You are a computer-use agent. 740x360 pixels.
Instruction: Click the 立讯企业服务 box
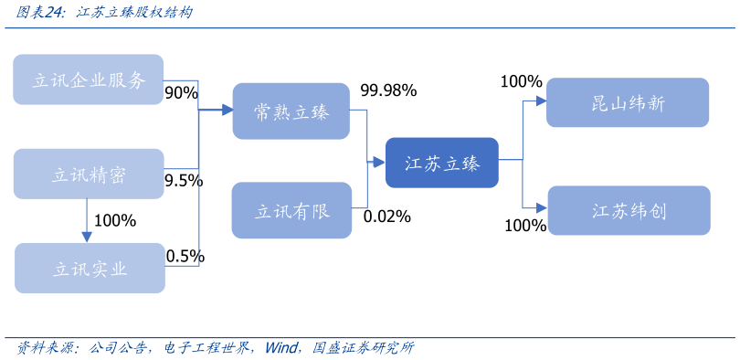pos(89,79)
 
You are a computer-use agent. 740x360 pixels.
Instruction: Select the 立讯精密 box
pos(89,175)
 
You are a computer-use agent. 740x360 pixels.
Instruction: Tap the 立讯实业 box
pos(89,269)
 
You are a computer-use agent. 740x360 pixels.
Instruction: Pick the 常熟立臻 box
pos(291,111)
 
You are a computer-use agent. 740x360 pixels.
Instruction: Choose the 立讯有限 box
pos(291,211)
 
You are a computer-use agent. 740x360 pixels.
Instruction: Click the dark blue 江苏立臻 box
pos(441,163)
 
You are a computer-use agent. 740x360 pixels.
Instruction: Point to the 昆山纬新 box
pos(628,102)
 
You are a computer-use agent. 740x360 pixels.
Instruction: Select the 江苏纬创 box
pos(628,211)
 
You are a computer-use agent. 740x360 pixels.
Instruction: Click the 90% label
pos(181,93)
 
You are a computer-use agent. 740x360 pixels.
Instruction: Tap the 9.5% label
pos(183,181)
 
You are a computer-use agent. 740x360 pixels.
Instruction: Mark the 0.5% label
pos(185,257)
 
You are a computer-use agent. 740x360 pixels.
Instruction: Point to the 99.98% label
pos(388,90)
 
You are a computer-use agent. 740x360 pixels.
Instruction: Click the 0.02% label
pos(386,217)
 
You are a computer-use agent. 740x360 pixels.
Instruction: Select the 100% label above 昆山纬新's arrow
pos(521,81)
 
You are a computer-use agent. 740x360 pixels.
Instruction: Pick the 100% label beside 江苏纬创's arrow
pos(524,225)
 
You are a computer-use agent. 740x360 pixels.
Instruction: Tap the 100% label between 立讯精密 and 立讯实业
pos(114,221)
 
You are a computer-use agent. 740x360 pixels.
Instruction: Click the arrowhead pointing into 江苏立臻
pos(379,164)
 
